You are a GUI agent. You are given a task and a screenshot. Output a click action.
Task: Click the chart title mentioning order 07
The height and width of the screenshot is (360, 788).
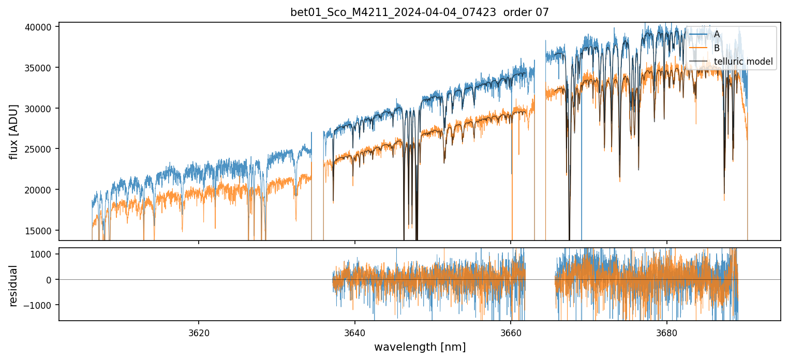pos(420,12)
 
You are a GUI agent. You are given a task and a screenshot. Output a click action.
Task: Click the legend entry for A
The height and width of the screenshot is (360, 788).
pos(717,34)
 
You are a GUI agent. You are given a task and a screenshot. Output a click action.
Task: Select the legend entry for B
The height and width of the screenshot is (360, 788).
pos(717,48)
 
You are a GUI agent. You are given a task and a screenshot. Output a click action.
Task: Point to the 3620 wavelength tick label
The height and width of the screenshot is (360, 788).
pos(199,331)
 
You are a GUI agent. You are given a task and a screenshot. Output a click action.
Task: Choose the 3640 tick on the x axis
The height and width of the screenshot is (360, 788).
pos(355,331)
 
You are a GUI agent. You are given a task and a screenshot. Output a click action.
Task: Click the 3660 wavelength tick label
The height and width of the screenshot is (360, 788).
pos(511,331)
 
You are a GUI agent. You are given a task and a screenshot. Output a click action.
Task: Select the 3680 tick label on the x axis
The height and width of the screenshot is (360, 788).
pos(666,331)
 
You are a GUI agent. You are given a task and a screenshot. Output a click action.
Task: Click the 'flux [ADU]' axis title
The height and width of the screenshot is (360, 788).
pos(14,131)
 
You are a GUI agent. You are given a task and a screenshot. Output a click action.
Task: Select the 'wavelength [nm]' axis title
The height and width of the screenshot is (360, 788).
pos(420,347)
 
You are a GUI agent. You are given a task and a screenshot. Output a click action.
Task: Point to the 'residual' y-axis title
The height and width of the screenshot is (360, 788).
pos(14,284)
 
